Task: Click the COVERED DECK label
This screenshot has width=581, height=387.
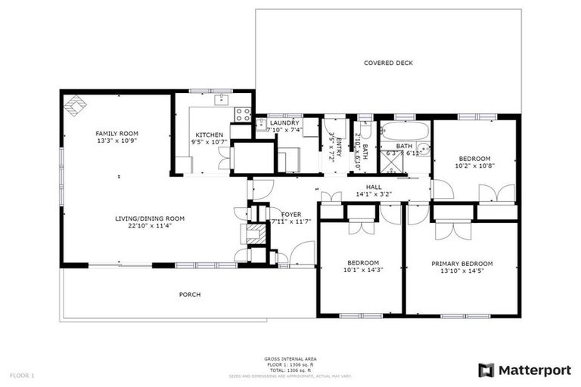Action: (x=388, y=63)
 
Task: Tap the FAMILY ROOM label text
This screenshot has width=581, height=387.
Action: (x=117, y=133)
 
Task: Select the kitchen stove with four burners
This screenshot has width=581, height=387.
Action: (x=243, y=114)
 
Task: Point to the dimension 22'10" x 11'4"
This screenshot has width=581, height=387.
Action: (x=150, y=225)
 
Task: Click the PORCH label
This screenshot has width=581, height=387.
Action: (x=190, y=294)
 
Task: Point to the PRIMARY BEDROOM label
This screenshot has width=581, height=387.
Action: (x=461, y=263)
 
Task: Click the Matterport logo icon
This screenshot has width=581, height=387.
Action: (x=486, y=370)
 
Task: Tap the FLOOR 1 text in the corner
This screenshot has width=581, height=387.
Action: (x=22, y=376)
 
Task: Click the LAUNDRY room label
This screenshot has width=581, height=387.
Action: (x=284, y=122)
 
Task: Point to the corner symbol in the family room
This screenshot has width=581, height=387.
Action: (x=73, y=105)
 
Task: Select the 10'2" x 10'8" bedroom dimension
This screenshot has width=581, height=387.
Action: (x=474, y=166)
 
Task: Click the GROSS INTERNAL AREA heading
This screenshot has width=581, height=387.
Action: (x=290, y=358)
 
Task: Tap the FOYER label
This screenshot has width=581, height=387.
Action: (x=291, y=214)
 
